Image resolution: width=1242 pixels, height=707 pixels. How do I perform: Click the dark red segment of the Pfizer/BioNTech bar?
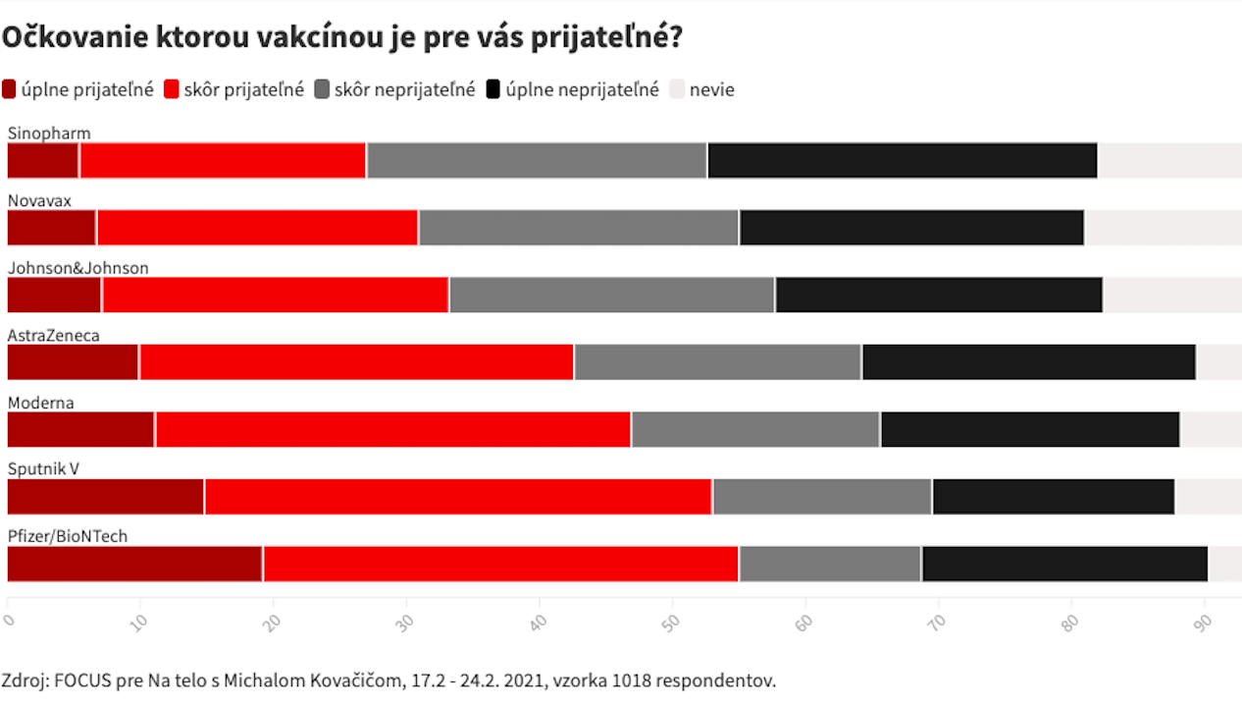point(134,564)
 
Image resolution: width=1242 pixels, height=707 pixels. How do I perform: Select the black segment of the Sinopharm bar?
point(903,160)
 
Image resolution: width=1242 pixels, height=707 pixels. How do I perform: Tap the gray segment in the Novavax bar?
point(579,227)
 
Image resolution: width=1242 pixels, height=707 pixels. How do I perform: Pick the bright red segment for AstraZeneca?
point(357,361)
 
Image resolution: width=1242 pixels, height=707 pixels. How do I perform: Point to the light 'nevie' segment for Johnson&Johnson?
point(1171,295)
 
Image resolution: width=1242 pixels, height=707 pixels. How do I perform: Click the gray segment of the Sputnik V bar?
point(822,497)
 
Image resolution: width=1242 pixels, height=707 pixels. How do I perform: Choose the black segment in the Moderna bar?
point(1030,429)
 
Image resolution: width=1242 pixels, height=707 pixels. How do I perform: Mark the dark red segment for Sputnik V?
point(106,497)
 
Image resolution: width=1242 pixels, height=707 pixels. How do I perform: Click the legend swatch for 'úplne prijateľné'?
point(10,89)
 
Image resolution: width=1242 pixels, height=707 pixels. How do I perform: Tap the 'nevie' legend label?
point(711,89)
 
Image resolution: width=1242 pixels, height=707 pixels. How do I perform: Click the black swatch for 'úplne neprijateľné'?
point(494,89)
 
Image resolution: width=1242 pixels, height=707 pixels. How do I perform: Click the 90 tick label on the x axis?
point(1204,619)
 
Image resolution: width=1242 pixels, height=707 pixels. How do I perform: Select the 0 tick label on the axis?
point(10,619)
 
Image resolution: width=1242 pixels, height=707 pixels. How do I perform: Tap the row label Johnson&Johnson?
point(78,268)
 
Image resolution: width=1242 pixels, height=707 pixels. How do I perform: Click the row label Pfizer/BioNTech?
point(68,536)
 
